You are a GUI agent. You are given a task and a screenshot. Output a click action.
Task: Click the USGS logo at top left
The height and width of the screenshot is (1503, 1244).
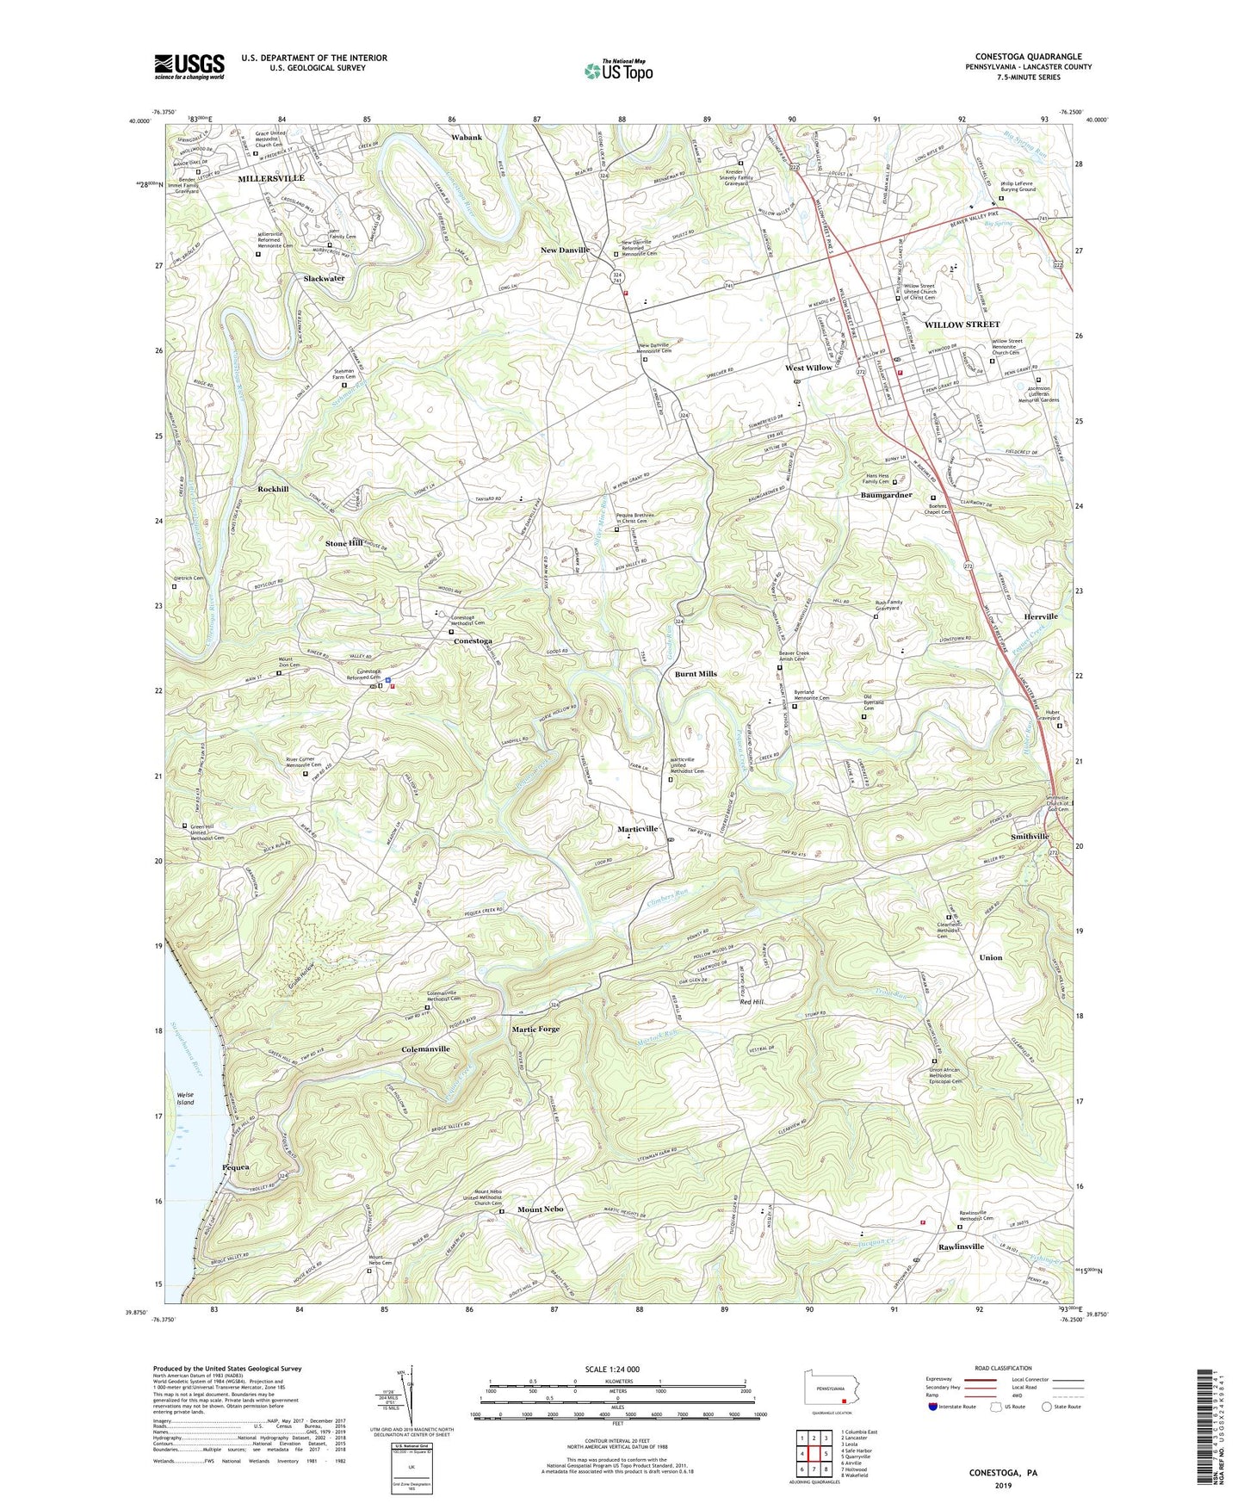click(189, 65)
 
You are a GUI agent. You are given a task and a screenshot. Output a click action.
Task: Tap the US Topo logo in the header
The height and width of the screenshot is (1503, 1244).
click(616, 71)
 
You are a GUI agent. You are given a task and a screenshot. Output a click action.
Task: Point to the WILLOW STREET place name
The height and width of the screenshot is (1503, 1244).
click(962, 325)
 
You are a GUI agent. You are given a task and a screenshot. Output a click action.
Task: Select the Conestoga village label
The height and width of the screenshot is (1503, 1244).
click(473, 641)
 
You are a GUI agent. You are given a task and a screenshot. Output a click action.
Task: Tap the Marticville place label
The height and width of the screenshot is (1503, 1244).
click(638, 829)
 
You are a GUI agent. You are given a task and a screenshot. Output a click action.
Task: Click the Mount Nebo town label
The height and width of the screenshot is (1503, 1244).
click(540, 1209)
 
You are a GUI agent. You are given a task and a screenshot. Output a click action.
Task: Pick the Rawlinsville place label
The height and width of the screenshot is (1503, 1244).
click(961, 1246)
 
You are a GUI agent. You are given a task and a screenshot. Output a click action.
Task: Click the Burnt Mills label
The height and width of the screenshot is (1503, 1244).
click(696, 674)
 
